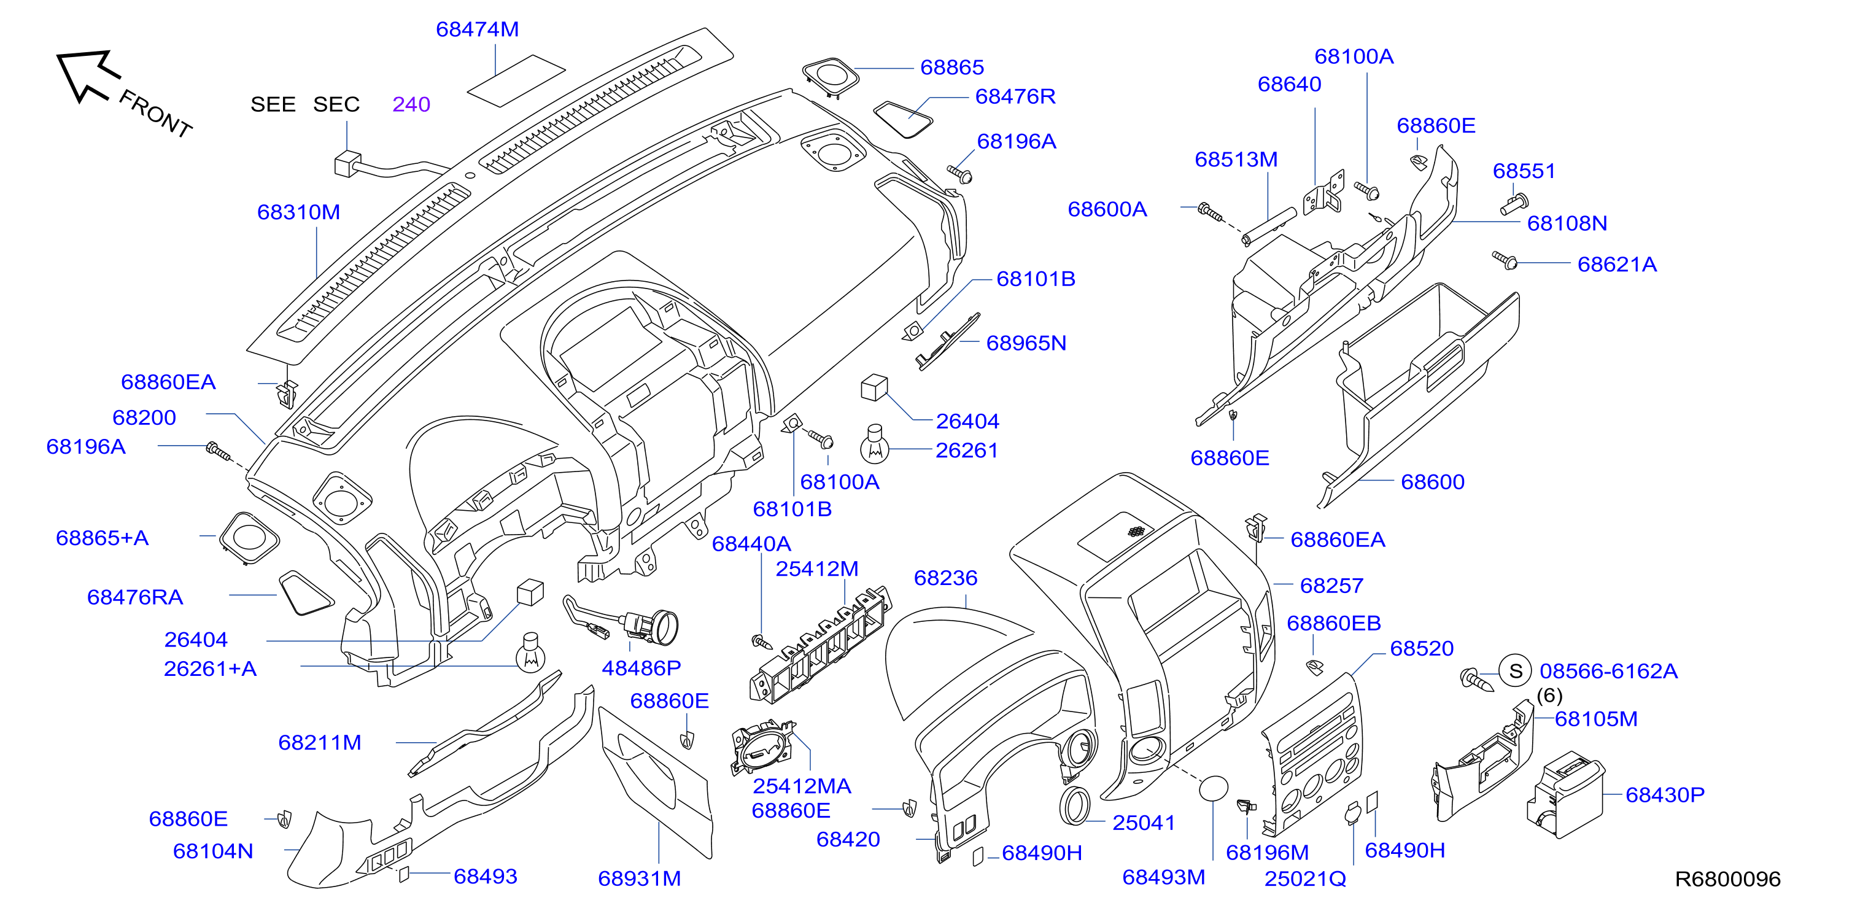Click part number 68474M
(478, 29)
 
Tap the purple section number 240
(411, 105)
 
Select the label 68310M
(298, 212)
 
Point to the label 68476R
(1015, 96)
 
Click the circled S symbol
(1516, 671)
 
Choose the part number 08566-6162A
(1608, 671)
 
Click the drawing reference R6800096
(1727, 878)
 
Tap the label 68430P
(1665, 794)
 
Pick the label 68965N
(1026, 343)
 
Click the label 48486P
(641, 668)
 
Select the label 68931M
(639, 878)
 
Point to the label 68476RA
(135, 597)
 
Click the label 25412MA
(802, 786)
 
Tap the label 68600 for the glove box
(1433, 482)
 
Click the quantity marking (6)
(1549, 696)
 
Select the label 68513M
(1236, 160)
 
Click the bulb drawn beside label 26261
(875, 444)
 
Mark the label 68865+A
(102, 538)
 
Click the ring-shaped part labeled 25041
(1075, 806)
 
